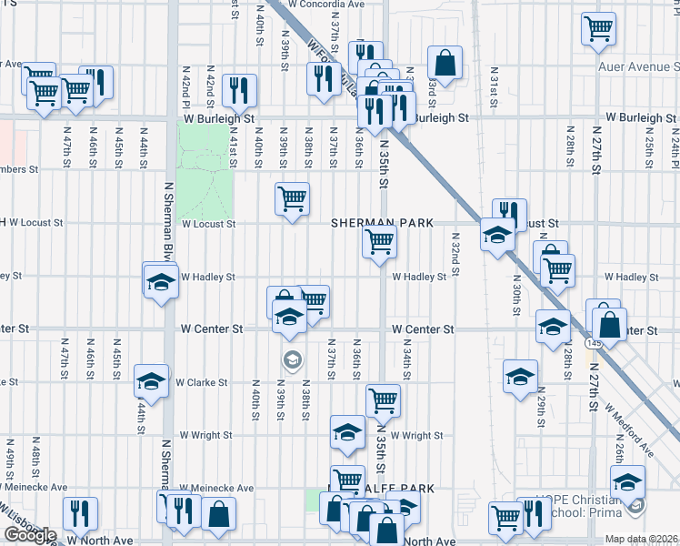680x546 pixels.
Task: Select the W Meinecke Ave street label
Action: [217, 489]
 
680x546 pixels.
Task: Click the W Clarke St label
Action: [202, 383]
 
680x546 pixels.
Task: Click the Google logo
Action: [30, 535]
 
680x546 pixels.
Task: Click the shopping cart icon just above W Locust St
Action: [292, 197]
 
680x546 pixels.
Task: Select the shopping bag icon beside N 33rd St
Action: [445, 63]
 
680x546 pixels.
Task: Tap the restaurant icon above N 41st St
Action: [240, 89]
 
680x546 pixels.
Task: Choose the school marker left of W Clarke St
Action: [151, 380]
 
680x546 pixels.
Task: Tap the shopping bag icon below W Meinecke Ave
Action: [219, 514]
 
